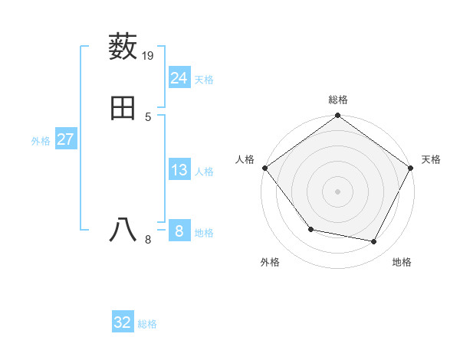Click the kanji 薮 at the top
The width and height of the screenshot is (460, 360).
click(x=123, y=47)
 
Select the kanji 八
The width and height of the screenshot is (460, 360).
click(x=123, y=230)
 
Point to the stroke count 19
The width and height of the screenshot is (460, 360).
click(x=149, y=55)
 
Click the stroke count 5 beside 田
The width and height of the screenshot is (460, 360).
click(x=148, y=116)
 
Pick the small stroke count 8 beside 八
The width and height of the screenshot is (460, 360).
click(x=148, y=240)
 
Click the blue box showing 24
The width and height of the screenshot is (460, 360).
click(x=179, y=78)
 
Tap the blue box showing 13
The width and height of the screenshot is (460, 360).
click(x=179, y=170)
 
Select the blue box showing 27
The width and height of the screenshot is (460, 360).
click(x=65, y=139)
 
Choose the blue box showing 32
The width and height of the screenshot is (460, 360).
click(x=123, y=322)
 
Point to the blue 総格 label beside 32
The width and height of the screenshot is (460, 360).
click(x=147, y=324)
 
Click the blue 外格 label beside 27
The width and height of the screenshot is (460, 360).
click(x=41, y=141)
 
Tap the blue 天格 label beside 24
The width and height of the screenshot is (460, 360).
click(x=204, y=80)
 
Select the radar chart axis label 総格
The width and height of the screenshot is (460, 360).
click(x=338, y=100)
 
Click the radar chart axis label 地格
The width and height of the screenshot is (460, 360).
click(x=402, y=262)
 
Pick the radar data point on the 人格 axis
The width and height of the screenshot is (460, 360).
click(x=265, y=168)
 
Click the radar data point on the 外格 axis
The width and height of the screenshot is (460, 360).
click(x=310, y=229)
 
